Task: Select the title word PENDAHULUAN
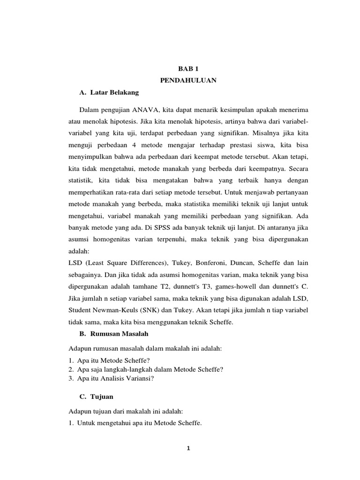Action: tap(188, 81)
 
